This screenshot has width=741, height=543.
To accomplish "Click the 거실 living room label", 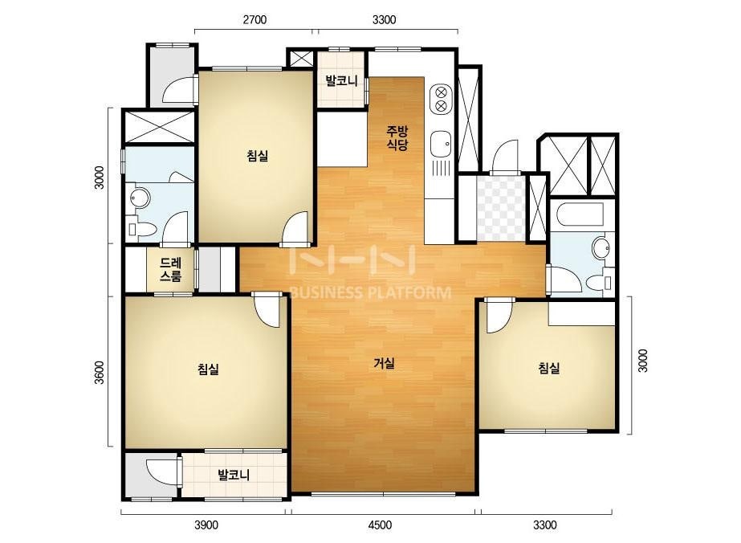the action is (384, 363).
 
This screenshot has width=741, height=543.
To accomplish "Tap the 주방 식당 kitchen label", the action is (397, 137).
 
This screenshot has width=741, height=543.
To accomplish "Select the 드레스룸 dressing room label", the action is (171, 270).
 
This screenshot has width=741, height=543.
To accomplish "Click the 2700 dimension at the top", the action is (254, 19).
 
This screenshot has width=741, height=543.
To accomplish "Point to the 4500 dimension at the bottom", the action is (380, 525).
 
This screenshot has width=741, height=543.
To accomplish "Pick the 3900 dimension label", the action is (206, 525).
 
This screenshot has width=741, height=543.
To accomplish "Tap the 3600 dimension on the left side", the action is (99, 372).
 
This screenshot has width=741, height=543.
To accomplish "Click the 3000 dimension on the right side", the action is (643, 361).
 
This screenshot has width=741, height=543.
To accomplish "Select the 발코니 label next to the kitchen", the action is (341, 81).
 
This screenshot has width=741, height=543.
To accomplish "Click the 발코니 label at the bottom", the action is (234, 475).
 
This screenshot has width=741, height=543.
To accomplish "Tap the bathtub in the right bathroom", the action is (580, 214).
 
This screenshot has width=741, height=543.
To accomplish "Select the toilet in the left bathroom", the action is (141, 230).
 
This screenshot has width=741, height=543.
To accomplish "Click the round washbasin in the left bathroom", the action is (140, 198).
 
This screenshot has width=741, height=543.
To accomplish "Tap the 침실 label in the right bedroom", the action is (549, 368).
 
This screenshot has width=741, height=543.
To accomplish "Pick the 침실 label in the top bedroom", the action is (258, 155).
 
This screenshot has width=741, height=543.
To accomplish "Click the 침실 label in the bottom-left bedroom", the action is (209, 369).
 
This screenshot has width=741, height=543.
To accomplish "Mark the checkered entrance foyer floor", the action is (501, 208).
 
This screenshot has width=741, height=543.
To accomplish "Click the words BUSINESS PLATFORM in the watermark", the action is (370, 292).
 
